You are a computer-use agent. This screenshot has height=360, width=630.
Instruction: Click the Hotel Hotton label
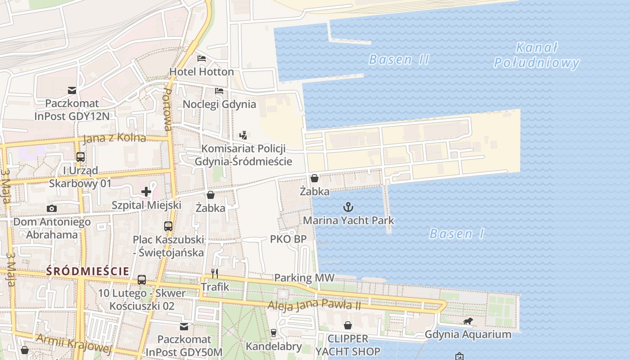coord(201,72)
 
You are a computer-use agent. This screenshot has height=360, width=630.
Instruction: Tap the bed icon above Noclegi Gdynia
coord(219,91)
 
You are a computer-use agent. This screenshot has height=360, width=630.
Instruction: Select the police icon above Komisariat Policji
coord(243,135)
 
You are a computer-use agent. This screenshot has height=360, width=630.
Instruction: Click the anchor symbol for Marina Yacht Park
coord(348,207)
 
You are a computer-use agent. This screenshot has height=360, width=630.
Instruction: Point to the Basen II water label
coord(399,59)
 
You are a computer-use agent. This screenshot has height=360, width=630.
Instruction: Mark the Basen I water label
coord(457,234)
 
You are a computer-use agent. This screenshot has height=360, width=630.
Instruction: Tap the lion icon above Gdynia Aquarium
coord(468,321)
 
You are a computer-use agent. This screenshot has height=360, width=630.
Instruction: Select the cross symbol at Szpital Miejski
coord(146,192)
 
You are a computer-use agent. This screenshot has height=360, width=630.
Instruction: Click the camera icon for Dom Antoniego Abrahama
coord(52,208)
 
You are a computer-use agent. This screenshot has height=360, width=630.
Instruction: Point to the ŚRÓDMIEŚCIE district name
coord(87,271)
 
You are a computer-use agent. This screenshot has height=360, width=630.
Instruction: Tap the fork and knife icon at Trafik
coord(215,273)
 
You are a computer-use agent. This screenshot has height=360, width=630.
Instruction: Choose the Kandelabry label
coord(274,346)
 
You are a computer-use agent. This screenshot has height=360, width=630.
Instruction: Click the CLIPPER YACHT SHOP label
coord(348,345)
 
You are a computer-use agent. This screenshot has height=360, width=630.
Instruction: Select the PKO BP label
coord(288,239)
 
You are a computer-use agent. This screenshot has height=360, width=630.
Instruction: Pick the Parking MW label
coord(305,278)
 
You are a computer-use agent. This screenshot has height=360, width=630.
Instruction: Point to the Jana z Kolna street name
coord(114,138)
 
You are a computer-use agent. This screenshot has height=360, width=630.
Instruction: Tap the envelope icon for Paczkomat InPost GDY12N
coord(72,90)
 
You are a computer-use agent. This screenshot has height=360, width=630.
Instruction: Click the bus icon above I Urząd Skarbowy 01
coord(81,157)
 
